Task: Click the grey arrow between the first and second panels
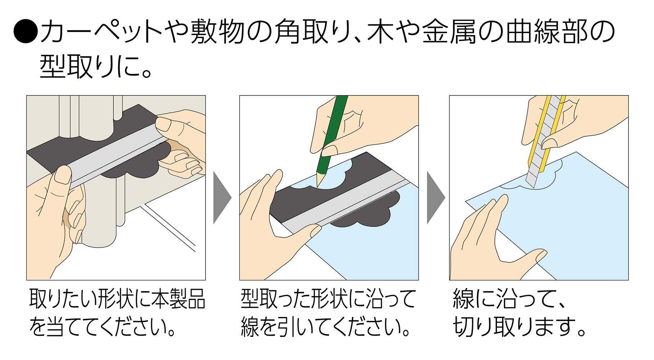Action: (x=222, y=198)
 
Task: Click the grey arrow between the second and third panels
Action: (x=436, y=198)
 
